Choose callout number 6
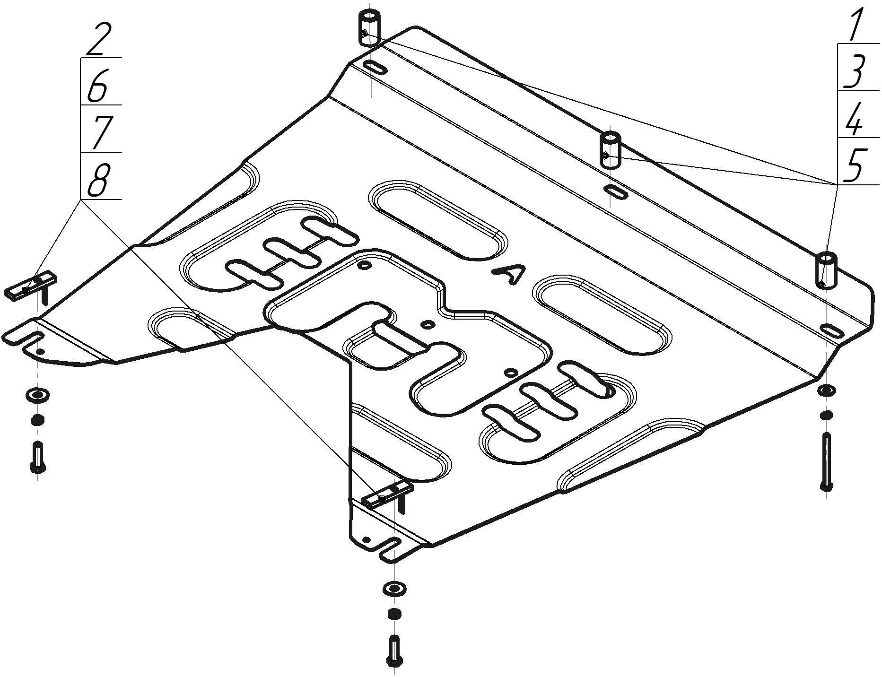[98, 86]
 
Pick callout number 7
[100, 132]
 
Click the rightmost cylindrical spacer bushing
[826, 269]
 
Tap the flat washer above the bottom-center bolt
[394, 589]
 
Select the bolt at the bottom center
[394, 651]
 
